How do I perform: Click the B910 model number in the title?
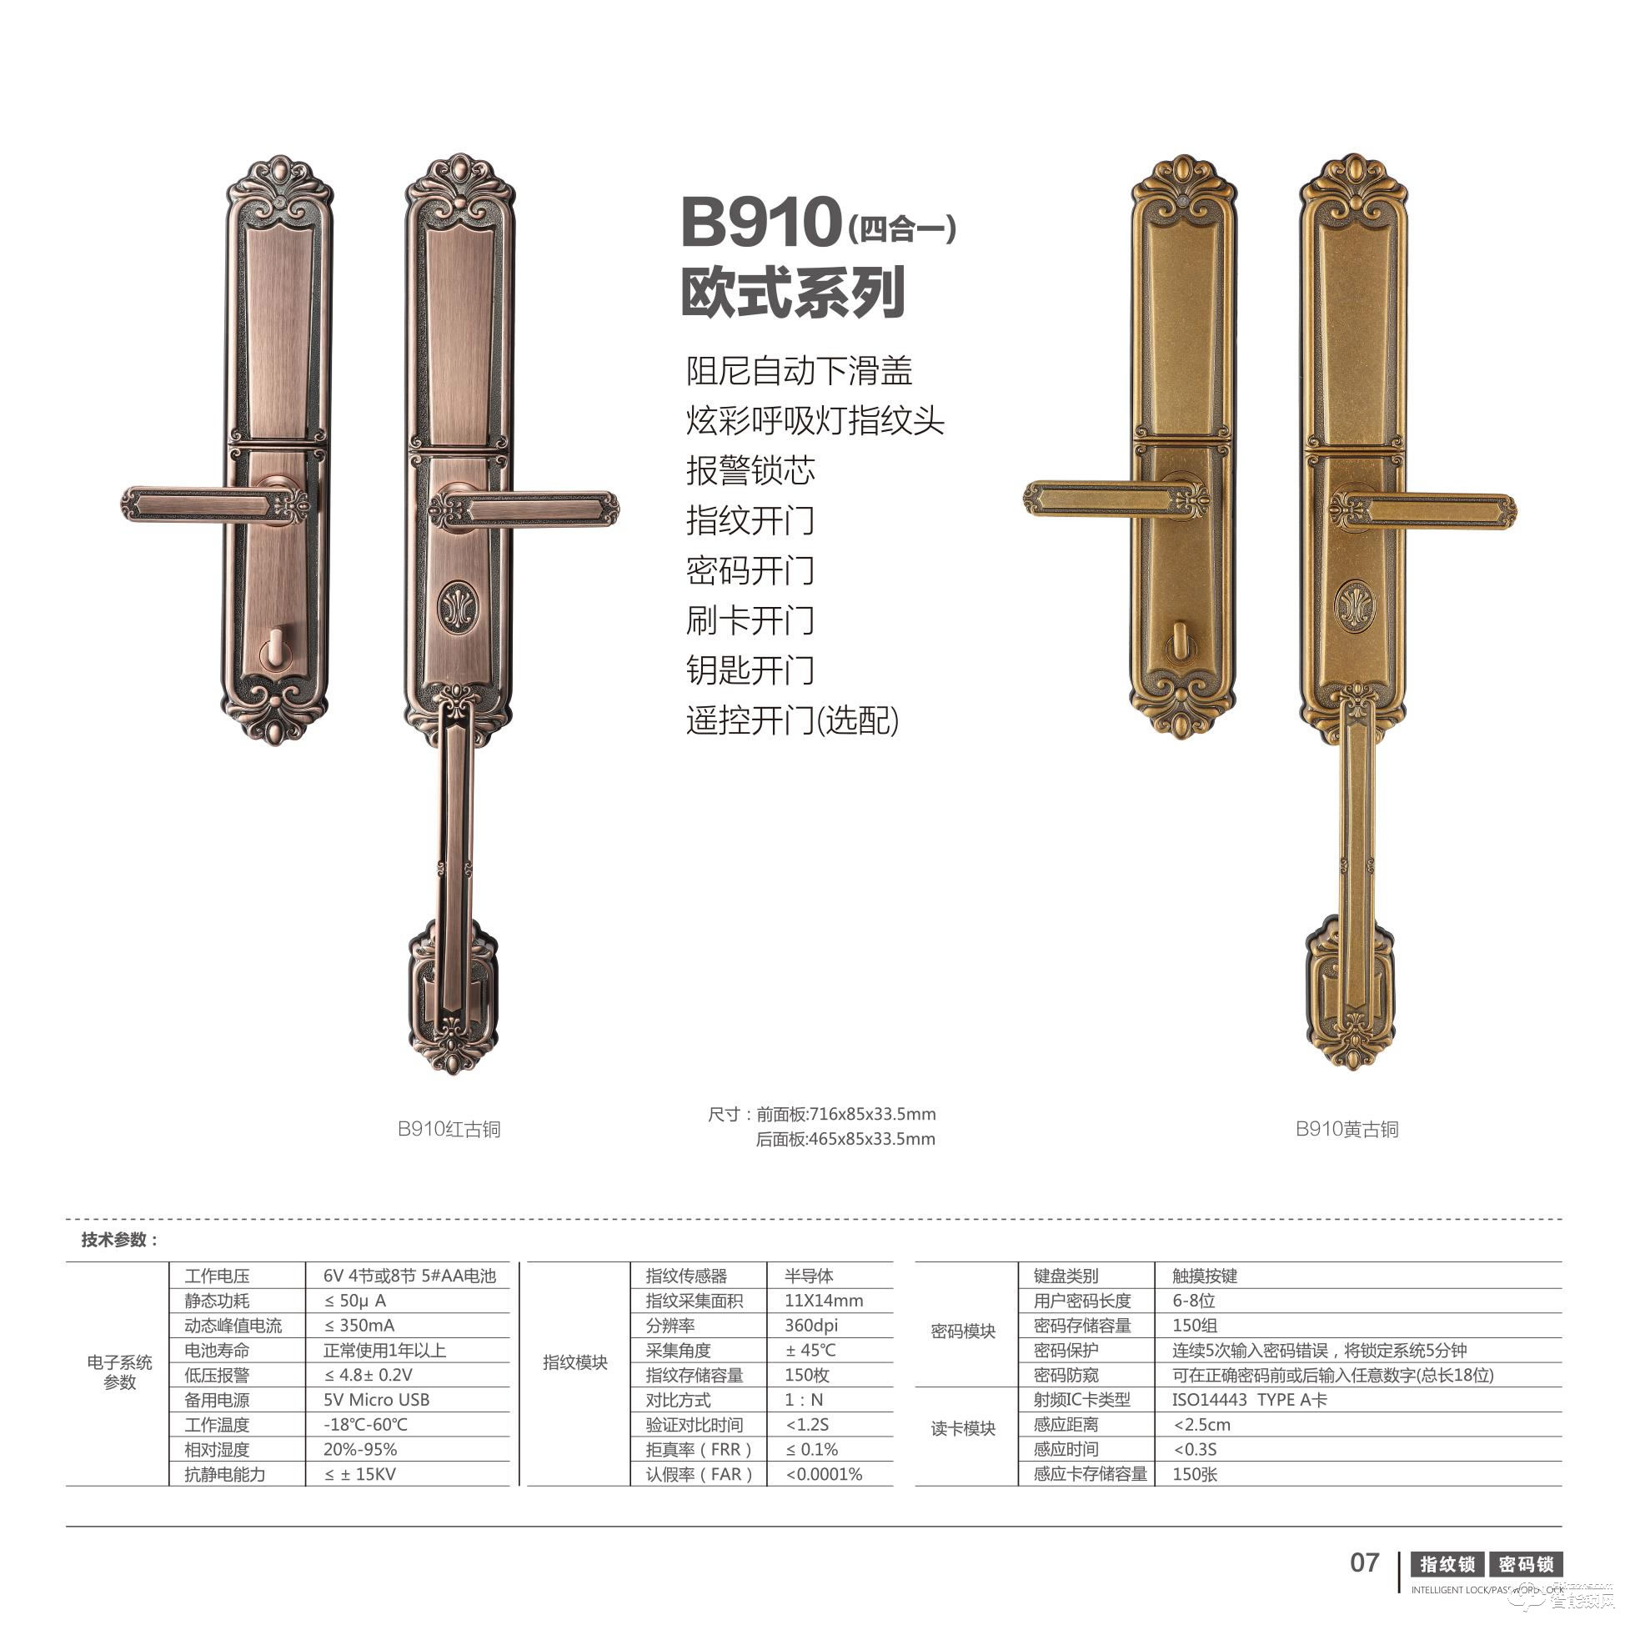point(760,223)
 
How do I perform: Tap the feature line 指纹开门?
point(750,520)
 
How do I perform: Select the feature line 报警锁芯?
point(750,470)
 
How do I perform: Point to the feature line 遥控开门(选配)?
point(792,720)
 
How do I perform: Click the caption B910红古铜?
point(449,1129)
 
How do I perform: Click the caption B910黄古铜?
point(1347,1129)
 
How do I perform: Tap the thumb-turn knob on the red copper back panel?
point(275,649)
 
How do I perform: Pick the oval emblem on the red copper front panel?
point(459,608)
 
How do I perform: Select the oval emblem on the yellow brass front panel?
point(1355,606)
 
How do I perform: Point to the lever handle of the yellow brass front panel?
point(1426,510)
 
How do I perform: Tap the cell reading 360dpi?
point(810,1326)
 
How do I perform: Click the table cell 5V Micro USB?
point(376,1400)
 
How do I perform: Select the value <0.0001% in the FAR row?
point(824,1474)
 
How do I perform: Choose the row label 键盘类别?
point(1066,1276)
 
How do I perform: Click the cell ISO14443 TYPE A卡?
point(1249,1400)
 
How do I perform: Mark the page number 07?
point(1364,1562)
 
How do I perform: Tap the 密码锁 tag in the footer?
point(1526,1564)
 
